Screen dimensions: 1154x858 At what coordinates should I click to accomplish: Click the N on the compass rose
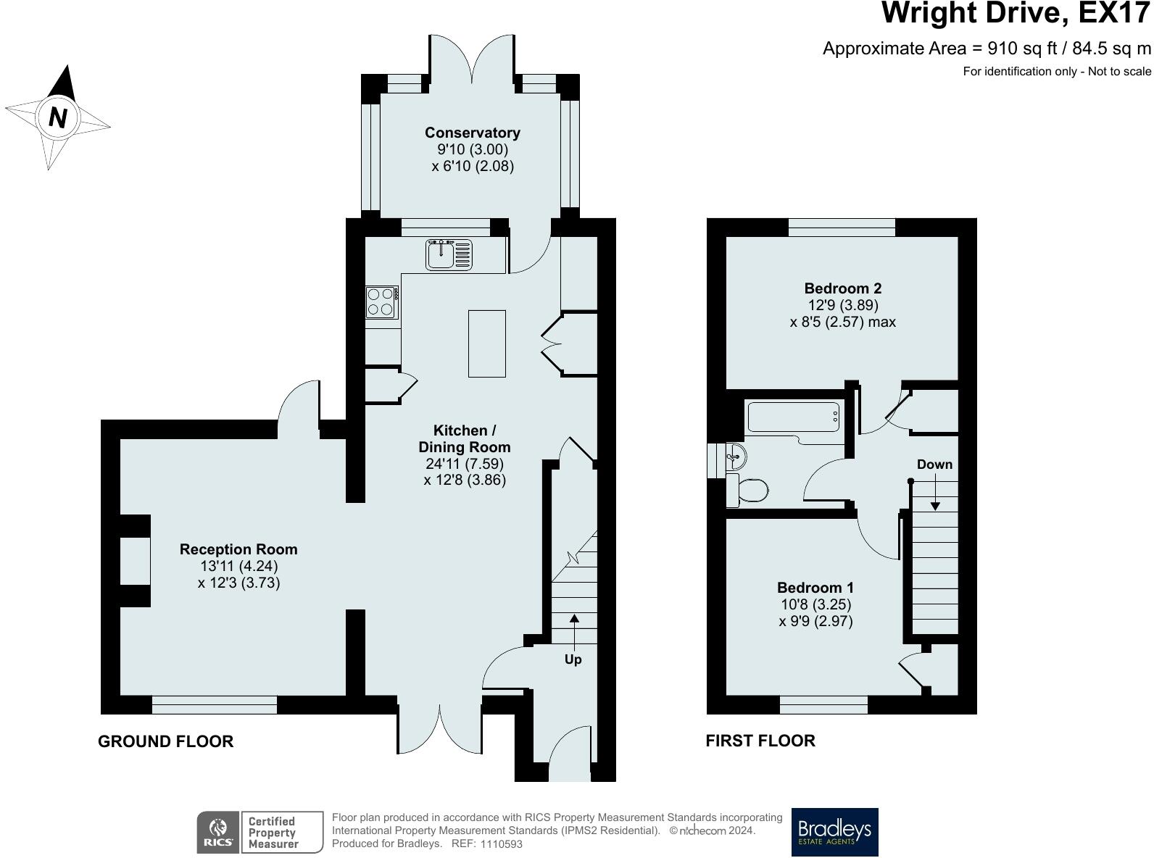coord(57,117)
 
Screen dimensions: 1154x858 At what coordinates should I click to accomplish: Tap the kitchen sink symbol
coord(449,254)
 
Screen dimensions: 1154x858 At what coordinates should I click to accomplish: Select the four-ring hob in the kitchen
coord(382,302)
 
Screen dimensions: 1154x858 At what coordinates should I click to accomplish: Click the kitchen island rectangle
coord(486,343)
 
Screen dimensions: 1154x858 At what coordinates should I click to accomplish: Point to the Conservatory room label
coord(473,133)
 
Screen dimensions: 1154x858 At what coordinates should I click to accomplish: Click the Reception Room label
coord(238,549)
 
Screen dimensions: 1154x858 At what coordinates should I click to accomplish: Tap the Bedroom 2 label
coord(843,288)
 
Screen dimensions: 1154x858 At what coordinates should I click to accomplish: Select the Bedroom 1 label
coord(815,588)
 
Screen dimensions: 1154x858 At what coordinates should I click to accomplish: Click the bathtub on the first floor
coord(794,419)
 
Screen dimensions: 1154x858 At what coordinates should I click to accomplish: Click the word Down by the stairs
coord(934,464)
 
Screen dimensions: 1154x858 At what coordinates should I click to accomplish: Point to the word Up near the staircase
coord(573,659)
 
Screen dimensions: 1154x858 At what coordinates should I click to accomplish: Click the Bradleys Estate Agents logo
coord(834,832)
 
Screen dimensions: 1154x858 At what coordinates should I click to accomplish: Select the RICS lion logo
coord(218,832)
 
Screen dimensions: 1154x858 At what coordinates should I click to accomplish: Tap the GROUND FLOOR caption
coord(165,741)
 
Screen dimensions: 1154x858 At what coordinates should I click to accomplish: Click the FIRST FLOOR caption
coord(760,741)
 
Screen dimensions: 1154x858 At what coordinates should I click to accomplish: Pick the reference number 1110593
coord(502,844)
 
